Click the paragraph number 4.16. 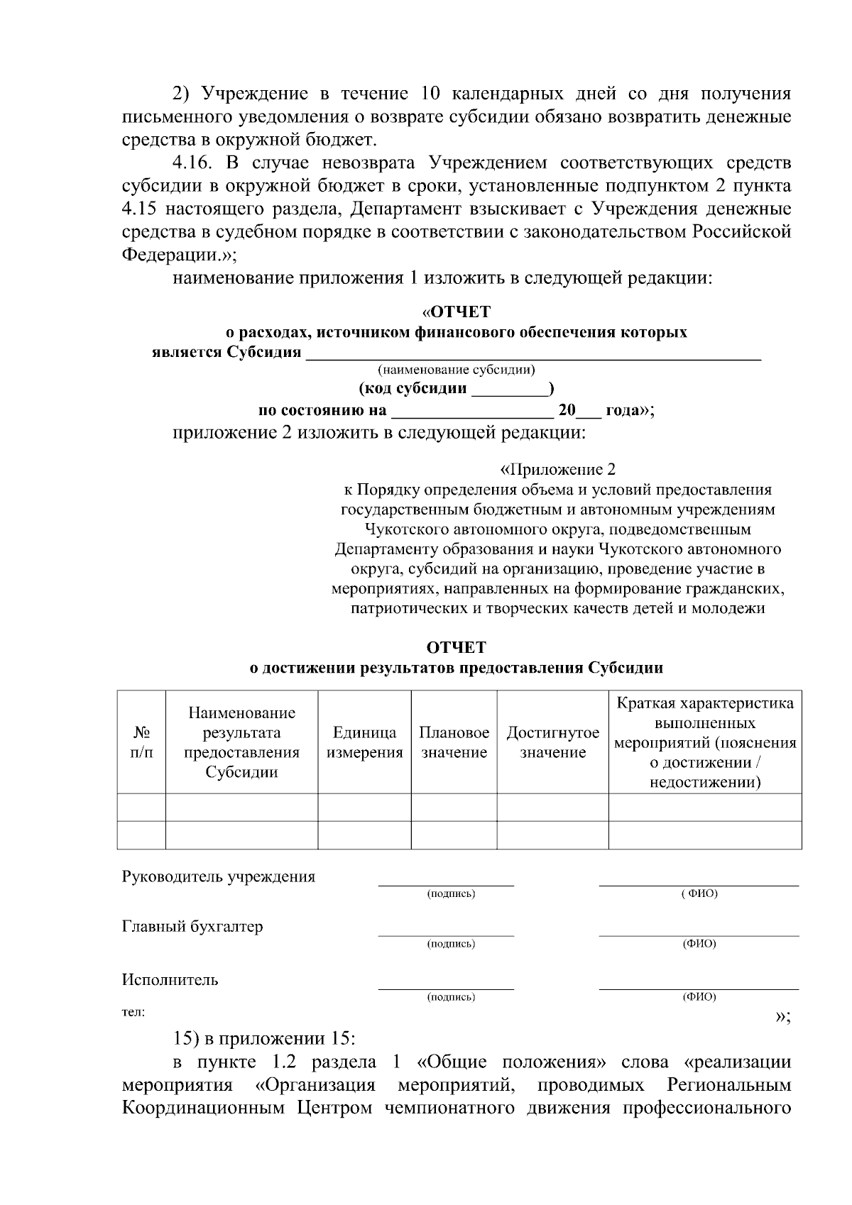click(191, 164)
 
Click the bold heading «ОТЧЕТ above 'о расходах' click(456, 312)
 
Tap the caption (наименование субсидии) click(457, 370)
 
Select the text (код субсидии click(413, 389)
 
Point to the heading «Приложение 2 click(558, 470)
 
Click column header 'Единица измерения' click(364, 742)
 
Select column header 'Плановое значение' click(454, 742)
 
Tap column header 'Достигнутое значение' click(552, 742)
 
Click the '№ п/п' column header click(141, 742)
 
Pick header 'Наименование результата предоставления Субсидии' click(241, 742)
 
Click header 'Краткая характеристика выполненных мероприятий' click(705, 742)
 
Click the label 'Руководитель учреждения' click(219, 876)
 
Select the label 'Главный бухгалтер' click(192, 927)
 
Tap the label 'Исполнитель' click(170, 980)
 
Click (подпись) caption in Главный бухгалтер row click(451, 944)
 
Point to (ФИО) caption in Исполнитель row click(699, 997)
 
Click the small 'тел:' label click(133, 1012)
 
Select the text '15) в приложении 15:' click(263, 1038)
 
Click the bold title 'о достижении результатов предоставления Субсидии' click(457, 668)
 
